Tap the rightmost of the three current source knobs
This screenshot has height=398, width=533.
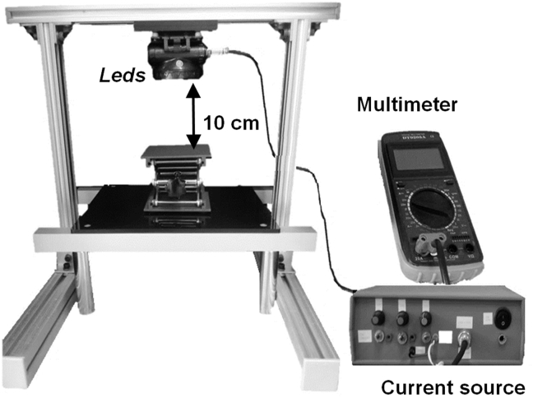pos(425,317)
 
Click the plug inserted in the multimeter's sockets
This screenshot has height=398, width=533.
pos(429,241)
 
